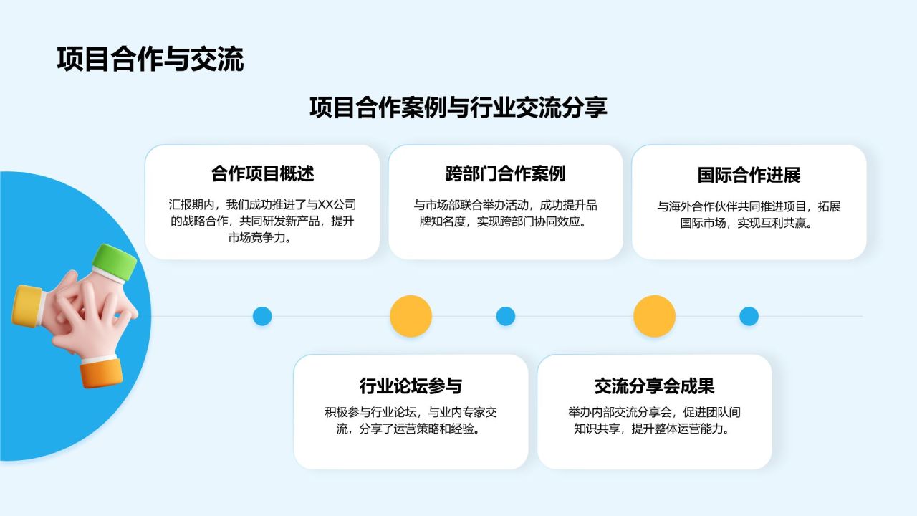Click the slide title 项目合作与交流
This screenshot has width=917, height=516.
tap(150, 59)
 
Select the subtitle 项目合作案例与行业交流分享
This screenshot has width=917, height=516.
tap(458, 107)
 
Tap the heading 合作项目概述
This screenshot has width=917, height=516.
tap(262, 173)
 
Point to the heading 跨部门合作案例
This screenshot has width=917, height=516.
tap(505, 173)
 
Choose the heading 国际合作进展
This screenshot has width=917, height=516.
tap(749, 175)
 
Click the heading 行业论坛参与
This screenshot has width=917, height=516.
tap(411, 386)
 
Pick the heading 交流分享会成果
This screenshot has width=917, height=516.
tap(654, 386)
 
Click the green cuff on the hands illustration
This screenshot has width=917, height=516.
tap(115, 262)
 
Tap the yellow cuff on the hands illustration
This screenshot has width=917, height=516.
tap(27, 306)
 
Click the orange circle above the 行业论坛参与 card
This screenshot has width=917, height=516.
tap(411, 316)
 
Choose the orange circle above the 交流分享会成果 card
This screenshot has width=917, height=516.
tap(654, 316)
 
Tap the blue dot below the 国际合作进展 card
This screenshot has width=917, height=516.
tap(749, 316)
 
